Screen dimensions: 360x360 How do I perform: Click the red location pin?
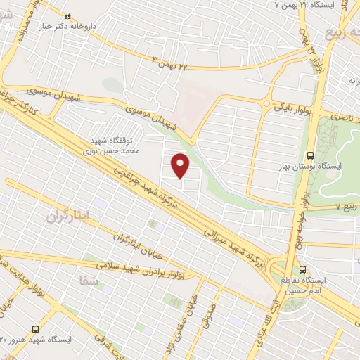tap(181, 165)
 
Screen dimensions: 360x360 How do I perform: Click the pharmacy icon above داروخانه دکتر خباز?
tap(67, 15)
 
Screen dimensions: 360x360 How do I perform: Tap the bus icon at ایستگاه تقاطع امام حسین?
tap(303, 269)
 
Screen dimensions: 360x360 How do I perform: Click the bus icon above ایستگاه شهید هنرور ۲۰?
tap(35, 328)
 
